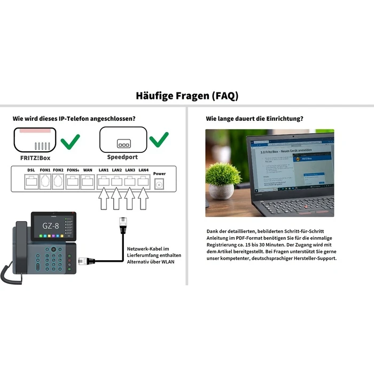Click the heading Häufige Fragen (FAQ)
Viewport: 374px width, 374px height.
[187, 96]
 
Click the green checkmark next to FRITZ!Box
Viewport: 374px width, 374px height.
[70, 142]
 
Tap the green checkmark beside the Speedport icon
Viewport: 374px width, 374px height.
[159, 140]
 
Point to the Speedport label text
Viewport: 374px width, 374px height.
[122, 157]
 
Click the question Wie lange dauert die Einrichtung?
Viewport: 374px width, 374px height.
[254, 118]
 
